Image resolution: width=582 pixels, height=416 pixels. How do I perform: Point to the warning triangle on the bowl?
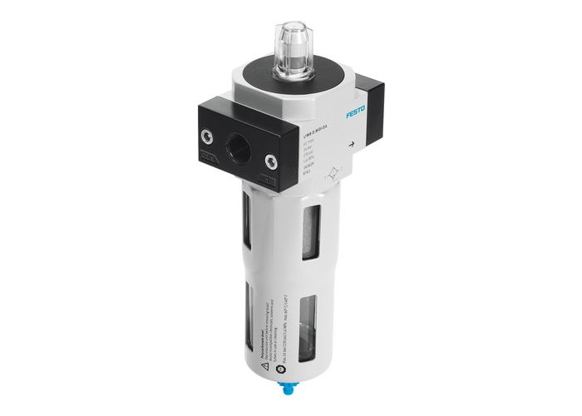(x=260, y=349)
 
